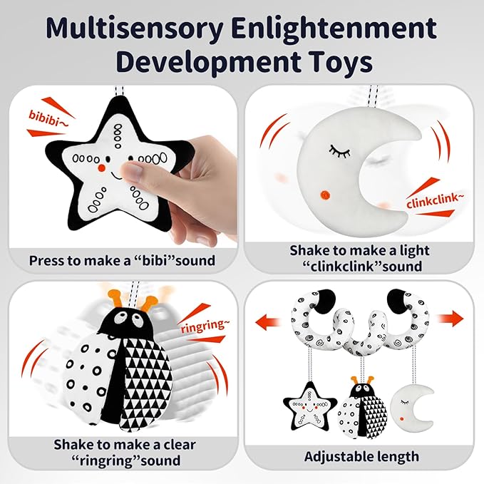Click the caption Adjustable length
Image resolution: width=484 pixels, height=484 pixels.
pos(362,456)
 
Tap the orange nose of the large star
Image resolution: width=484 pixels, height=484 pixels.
pos(103,169)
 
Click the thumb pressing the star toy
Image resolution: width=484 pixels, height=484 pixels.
pos(133,170)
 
